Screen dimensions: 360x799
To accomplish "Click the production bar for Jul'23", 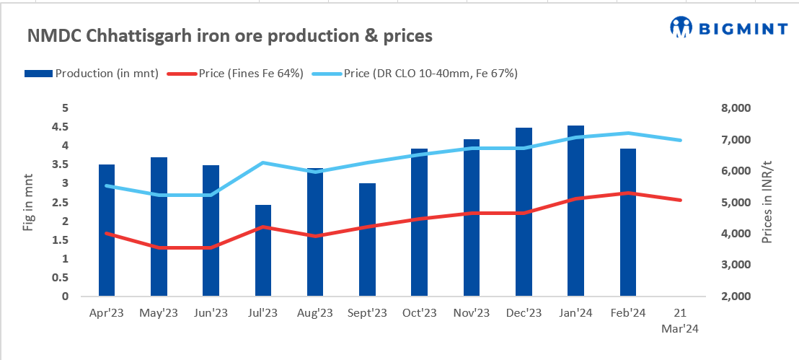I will pyautogui.click(x=263, y=250).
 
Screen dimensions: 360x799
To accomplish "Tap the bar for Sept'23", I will pyautogui.click(x=367, y=240).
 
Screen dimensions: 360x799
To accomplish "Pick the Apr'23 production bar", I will pyautogui.click(x=107, y=230).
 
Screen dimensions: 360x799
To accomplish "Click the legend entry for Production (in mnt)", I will pyautogui.click(x=92, y=73).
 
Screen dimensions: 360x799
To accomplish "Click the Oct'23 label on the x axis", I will pyautogui.click(x=419, y=313).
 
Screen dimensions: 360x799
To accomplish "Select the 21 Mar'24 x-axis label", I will pyautogui.click(x=680, y=320).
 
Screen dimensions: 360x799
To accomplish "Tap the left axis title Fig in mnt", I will pyautogui.click(x=28, y=203).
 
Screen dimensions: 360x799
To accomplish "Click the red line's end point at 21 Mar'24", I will pyautogui.click(x=680, y=200).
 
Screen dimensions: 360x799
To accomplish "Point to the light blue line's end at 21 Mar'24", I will pyautogui.click(x=680, y=140).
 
